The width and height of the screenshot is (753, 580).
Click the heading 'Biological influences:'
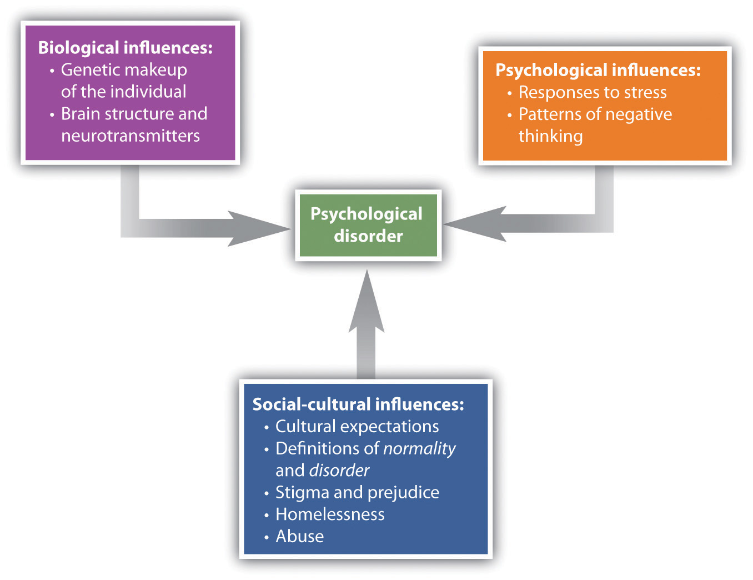125,48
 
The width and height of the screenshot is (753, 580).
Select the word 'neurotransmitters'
130,136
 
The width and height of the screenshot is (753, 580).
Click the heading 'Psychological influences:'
598,70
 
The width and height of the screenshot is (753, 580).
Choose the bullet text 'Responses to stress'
592,92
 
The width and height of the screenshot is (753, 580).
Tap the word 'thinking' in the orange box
550,136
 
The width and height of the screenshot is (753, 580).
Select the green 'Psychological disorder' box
368,225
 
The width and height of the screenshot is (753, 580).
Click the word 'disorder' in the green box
368,236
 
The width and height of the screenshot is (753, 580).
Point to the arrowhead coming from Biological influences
258,228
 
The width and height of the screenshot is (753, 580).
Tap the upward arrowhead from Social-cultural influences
367,303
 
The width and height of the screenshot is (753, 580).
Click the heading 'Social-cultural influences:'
358,404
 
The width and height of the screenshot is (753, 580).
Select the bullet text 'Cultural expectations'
357,426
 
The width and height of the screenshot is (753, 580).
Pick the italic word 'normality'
419,448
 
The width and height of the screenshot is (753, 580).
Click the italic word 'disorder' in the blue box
339,471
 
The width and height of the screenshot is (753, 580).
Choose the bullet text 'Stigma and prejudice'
357,492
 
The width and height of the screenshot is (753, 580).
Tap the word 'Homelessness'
330,514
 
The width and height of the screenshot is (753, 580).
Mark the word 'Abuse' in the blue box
300,536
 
